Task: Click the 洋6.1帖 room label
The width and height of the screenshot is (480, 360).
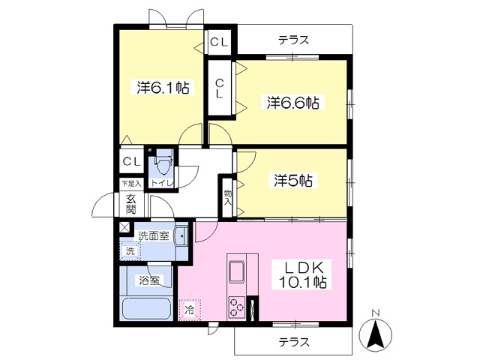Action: [162, 88]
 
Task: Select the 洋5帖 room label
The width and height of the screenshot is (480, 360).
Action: [292, 180]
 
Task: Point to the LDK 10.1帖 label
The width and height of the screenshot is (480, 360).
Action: [302, 274]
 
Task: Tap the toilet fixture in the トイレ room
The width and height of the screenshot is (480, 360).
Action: [163, 162]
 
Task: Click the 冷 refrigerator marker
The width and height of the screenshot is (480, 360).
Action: [189, 308]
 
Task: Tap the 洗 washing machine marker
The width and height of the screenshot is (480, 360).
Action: [130, 250]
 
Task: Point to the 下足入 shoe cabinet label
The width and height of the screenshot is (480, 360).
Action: [131, 183]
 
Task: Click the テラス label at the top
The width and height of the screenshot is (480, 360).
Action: [293, 40]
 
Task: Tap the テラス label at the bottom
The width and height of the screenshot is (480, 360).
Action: [293, 342]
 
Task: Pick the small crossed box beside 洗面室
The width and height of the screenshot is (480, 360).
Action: [124, 227]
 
